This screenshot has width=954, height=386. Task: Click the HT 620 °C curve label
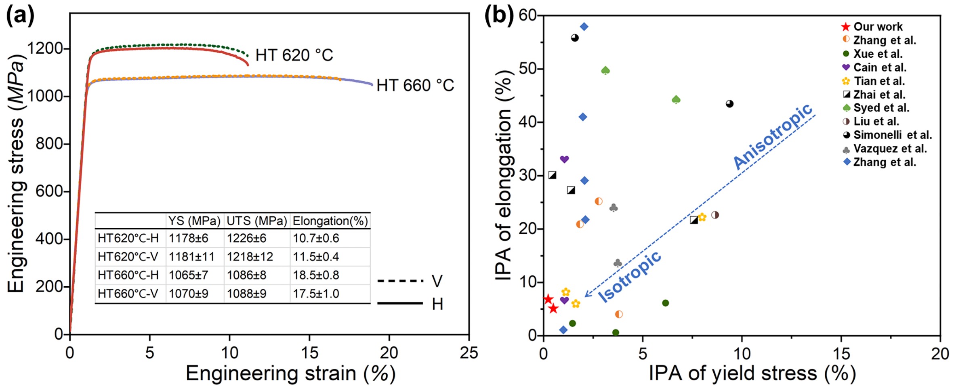294,55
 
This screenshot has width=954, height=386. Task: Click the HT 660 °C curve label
415,86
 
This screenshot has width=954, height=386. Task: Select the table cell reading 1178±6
188,238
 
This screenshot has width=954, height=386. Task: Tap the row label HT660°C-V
128,294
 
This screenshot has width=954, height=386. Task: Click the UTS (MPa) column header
256,221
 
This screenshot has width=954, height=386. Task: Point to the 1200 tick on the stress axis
45,48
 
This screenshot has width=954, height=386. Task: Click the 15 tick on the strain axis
309,353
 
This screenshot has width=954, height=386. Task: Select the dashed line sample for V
400,281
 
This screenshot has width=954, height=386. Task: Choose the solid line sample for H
400,303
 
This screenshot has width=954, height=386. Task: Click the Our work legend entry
877,27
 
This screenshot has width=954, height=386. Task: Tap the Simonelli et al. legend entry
892,135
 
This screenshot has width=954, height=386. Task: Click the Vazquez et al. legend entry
889,149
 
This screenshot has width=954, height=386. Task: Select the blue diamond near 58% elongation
584,27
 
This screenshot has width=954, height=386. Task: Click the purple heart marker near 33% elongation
564,159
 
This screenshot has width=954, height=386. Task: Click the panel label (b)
499,16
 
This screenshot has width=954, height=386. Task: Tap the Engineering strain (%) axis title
290,373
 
